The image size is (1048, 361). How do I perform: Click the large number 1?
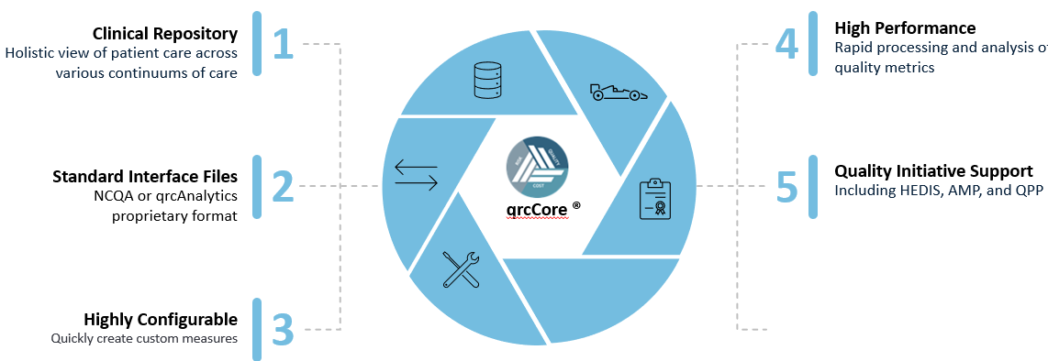tap(284, 44)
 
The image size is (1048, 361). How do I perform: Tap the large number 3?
tap(284, 329)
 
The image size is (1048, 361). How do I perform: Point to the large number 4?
tap(786, 44)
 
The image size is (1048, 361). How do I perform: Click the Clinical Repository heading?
tap(165, 33)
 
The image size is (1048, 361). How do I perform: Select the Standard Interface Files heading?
tap(145, 177)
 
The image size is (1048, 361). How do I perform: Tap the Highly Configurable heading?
tap(161, 319)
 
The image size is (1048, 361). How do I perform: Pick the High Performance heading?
tap(905, 28)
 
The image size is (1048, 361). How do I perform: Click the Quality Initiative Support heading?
tap(933, 170)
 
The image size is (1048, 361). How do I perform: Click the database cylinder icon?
tap(487, 80)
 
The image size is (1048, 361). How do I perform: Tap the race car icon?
tap(619, 93)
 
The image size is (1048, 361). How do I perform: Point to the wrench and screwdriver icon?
tap(461, 269)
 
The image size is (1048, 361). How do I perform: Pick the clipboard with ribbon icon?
tap(654, 199)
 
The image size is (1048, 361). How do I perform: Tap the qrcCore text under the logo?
tap(537, 210)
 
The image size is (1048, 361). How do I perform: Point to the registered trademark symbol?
tap(576, 206)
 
